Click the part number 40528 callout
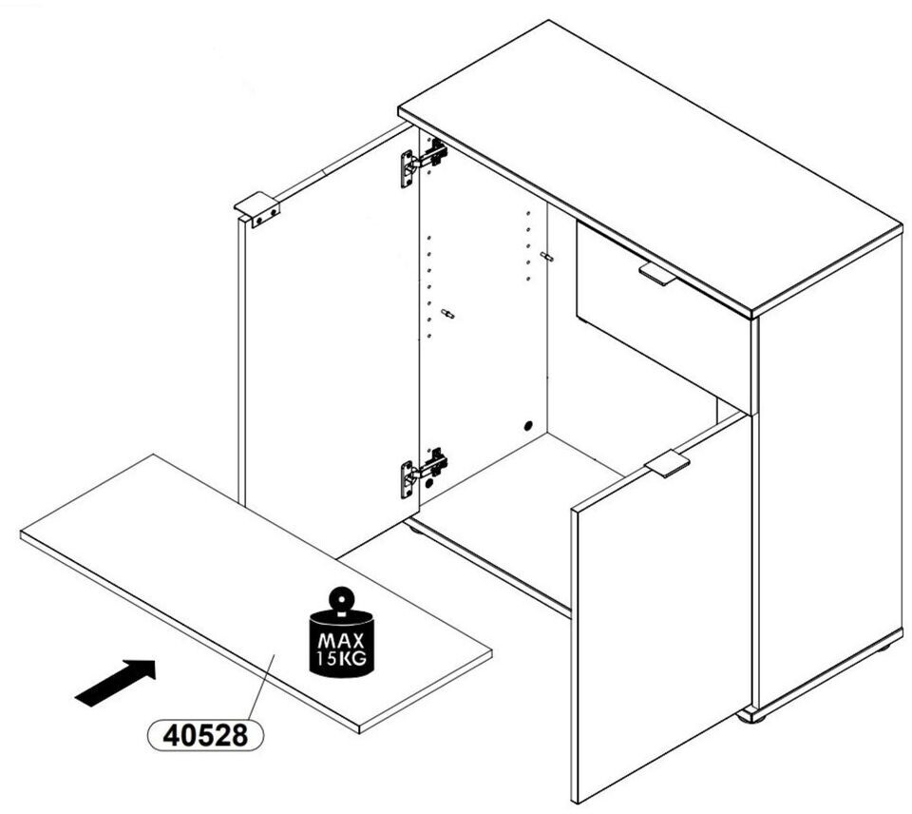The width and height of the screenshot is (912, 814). coord(205,735)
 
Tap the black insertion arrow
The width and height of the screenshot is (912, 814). coord(116,683)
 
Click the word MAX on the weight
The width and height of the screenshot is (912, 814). coord(341,641)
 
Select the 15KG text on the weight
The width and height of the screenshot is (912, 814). coord(341,659)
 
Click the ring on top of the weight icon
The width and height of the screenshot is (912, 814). coord(341,598)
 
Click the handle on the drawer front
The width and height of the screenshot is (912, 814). coord(657,274)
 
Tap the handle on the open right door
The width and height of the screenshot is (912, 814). coord(667,463)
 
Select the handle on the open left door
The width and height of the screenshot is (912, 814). coord(257,209)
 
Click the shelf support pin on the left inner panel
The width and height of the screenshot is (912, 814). coord(447,315)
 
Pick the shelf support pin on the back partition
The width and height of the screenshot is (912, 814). coord(547,256)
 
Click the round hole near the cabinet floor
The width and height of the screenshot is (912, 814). coord(528,426)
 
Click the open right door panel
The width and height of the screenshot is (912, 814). coord(661,606)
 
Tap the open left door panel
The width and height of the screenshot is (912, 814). coord(329,343)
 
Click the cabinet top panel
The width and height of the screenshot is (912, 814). coord(650,169)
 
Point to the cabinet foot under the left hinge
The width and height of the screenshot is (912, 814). coord(416,528)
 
